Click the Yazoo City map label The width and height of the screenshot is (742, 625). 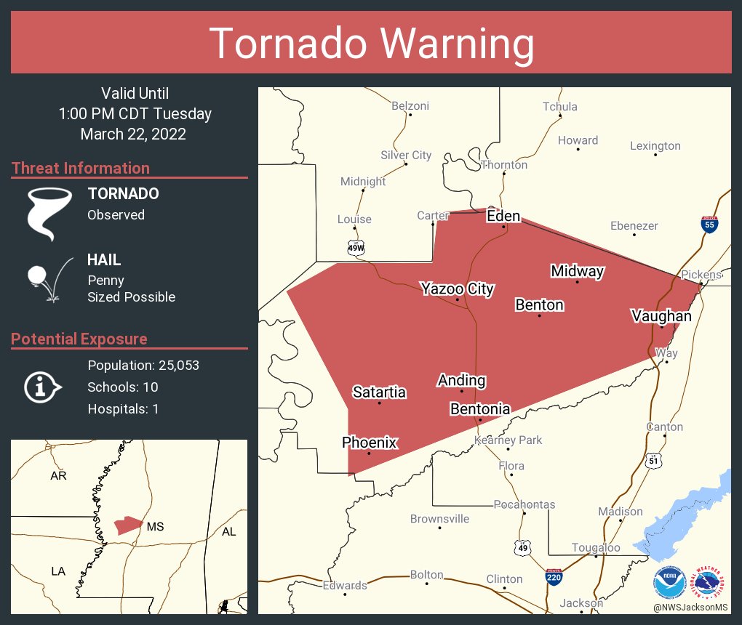(x=457, y=289)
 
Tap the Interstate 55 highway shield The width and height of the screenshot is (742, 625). (x=709, y=224)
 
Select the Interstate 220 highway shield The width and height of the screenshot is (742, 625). (x=553, y=577)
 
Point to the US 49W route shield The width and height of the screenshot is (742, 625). (x=356, y=248)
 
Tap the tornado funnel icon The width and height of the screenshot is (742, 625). (x=49, y=213)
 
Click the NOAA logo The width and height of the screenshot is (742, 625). (x=669, y=583)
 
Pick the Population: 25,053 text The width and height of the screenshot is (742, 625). (x=143, y=365)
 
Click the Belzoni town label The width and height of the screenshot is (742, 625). (x=410, y=105)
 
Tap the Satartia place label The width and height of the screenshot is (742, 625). (x=379, y=392)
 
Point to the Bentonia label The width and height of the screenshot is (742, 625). (x=480, y=409)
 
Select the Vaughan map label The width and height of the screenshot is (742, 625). (x=661, y=315)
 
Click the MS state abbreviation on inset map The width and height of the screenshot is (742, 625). (x=155, y=526)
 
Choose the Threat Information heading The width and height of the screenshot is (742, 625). (x=81, y=168)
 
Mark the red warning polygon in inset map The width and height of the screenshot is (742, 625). (x=127, y=525)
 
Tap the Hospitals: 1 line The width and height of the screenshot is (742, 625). (x=123, y=408)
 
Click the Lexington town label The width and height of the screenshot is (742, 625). (x=655, y=146)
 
